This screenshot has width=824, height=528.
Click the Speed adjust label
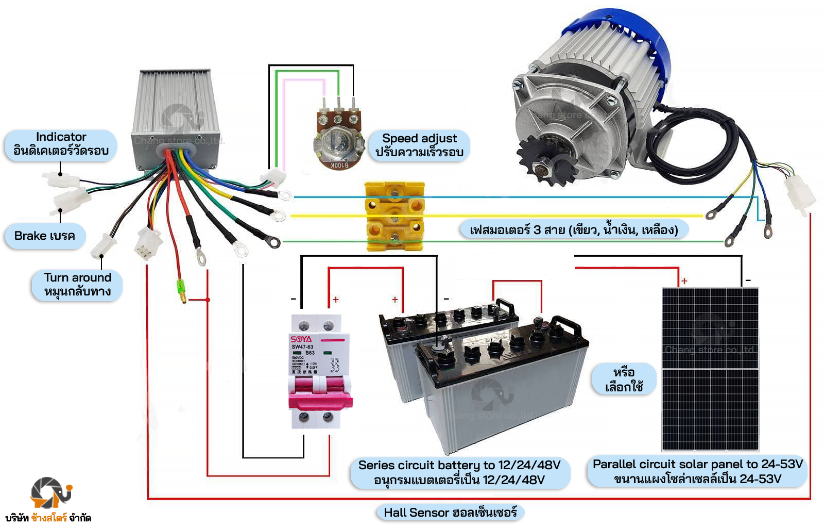point(419,145)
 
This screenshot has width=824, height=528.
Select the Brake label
point(45,236)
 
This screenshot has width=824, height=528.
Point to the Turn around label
point(77,285)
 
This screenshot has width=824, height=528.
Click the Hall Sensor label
point(450,513)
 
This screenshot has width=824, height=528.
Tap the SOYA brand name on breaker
point(301,339)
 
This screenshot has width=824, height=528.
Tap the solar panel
point(710,369)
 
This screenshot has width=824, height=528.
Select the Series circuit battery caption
point(459,472)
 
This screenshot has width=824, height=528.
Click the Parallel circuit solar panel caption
point(697,471)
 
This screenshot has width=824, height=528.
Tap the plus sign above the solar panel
point(684,281)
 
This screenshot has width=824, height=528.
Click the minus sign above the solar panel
point(748,280)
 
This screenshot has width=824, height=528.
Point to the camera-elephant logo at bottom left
point(50,492)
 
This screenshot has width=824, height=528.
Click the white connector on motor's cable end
point(799,195)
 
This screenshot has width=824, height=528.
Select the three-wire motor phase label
point(573,229)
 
